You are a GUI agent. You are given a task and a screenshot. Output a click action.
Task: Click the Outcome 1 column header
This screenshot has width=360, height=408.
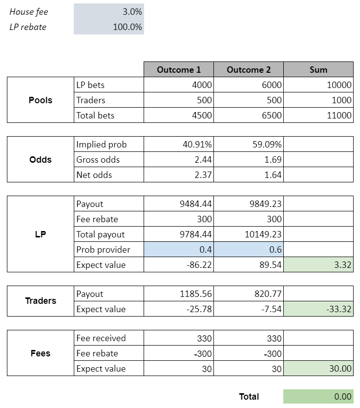coord(179,70)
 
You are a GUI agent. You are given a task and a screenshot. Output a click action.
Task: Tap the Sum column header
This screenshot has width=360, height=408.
coord(318,70)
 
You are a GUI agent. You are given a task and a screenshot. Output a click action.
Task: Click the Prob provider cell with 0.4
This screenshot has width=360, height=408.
coord(179,250)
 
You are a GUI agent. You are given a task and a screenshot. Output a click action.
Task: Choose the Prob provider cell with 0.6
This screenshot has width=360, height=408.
coord(249,250)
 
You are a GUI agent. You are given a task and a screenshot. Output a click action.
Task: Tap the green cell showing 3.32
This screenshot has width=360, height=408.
coord(318,265)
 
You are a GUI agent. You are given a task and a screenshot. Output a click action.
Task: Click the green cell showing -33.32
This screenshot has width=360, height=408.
coord(318,309)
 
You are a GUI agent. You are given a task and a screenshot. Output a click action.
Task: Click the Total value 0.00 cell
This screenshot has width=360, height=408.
coord(318,397)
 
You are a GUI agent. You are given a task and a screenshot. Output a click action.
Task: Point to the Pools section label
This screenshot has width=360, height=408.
coord(40,100)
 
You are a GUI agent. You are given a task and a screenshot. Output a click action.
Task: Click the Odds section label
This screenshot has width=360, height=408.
coord(40,160)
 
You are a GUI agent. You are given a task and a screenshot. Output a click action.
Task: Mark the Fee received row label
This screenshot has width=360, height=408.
coord(101,338)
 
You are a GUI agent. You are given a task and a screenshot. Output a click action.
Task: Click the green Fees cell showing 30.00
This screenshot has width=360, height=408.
coord(318,369)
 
